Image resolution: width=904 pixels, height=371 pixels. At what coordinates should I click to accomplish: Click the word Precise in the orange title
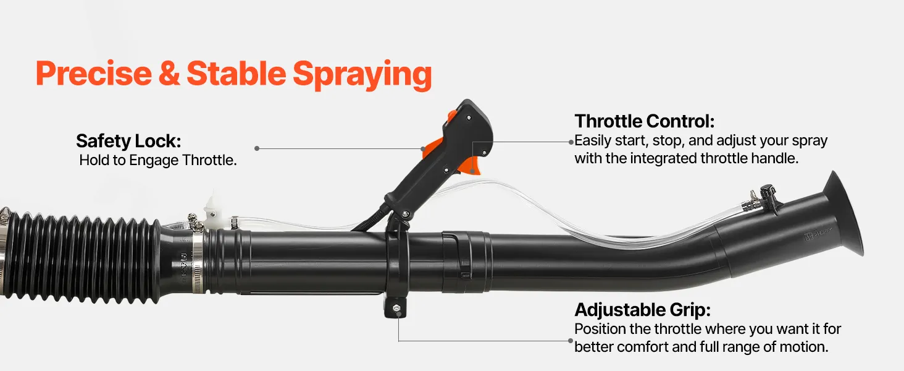(x=94, y=73)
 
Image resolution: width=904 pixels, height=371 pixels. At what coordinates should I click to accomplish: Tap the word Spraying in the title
(x=362, y=75)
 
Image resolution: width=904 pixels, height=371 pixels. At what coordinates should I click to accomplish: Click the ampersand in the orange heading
(x=169, y=73)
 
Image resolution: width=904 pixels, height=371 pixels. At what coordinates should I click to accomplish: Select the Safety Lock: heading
(x=128, y=141)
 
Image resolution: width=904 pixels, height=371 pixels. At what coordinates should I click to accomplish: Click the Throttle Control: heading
(x=645, y=121)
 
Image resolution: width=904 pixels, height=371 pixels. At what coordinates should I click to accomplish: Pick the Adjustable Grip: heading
(x=642, y=310)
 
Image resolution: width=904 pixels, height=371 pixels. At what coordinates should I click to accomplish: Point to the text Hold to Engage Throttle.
(x=158, y=160)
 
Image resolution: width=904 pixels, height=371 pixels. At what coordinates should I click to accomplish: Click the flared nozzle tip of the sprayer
(x=843, y=214)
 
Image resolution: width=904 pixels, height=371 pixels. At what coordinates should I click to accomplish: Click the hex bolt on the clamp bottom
(x=396, y=308)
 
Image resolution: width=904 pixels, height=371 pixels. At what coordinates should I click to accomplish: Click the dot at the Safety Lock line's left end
(x=257, y=148)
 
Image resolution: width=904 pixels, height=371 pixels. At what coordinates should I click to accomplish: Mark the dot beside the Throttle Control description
(x=571, y=142)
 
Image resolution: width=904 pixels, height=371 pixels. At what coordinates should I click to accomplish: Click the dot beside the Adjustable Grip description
(x=571, y=341)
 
